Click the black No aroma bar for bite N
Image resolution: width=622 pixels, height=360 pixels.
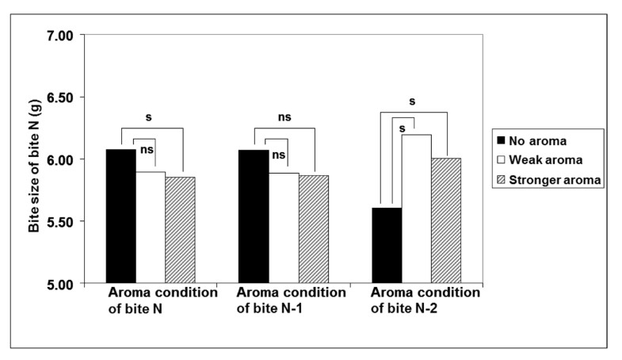[120, 215]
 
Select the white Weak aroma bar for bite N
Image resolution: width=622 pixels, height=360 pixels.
[150, 227]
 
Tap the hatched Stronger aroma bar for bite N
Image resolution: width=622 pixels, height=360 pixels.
[180, 229]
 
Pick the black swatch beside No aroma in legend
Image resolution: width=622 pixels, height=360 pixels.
[500, 140]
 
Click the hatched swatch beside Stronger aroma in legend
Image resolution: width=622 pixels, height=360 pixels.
[500, 179]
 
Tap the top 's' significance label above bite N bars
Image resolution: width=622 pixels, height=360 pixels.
[149, 117]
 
